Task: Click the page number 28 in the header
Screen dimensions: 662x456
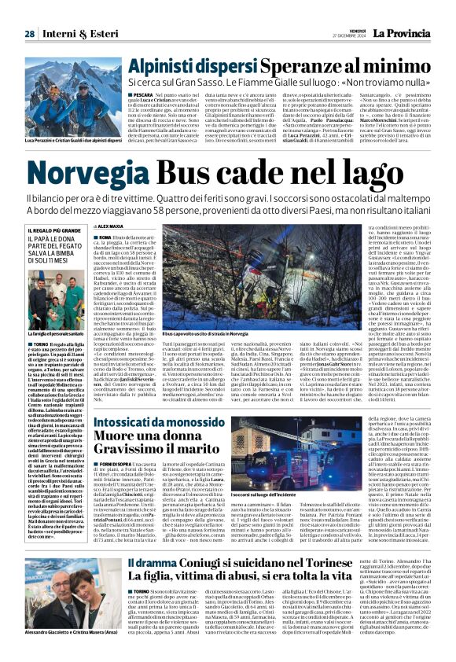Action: coord(28,12)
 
